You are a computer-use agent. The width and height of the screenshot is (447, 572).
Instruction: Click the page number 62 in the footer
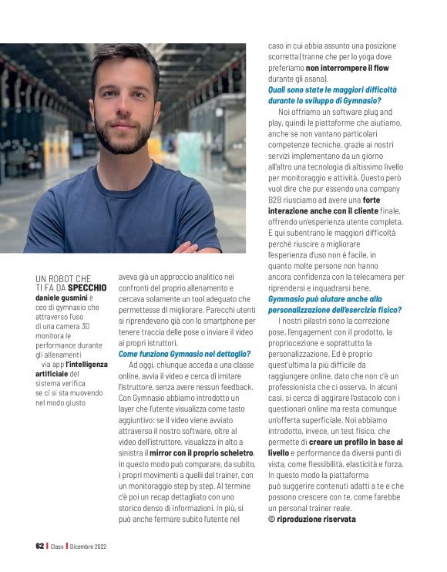(40, 547)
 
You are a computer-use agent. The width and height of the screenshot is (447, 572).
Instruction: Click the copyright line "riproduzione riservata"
(316, 519)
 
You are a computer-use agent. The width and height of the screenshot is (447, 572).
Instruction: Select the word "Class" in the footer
(57, 547)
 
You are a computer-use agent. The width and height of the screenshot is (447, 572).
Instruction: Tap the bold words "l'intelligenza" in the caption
(86, 363)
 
